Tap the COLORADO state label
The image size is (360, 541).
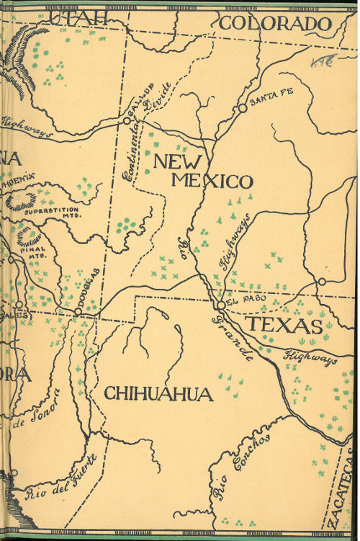tap(275, 24)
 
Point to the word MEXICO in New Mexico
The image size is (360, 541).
tap(212, 181)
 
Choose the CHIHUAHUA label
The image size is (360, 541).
tap(158, 394)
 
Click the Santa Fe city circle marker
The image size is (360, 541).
tap(243, 108)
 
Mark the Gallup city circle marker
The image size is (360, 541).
tap(126, 121)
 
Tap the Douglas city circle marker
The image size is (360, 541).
tap(78, 311)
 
